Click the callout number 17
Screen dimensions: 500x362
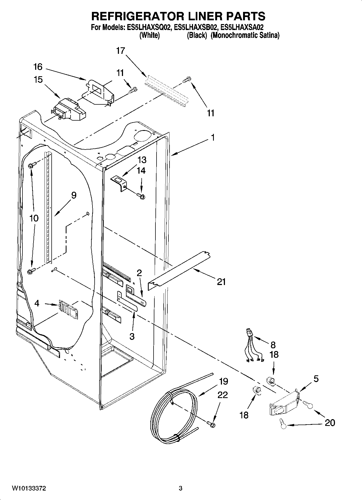[x=121, y=51]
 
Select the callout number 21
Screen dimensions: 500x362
[x=221, y=282]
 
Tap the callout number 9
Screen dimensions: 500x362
[x=74, y=195]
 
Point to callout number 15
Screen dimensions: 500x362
[x=38, y=80]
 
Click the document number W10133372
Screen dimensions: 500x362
[x=28, y=488]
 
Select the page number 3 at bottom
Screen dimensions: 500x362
[x=181, y=488]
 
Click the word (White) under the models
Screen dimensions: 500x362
[x=149, y=35]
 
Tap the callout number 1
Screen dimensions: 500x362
[x=213, y=137]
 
